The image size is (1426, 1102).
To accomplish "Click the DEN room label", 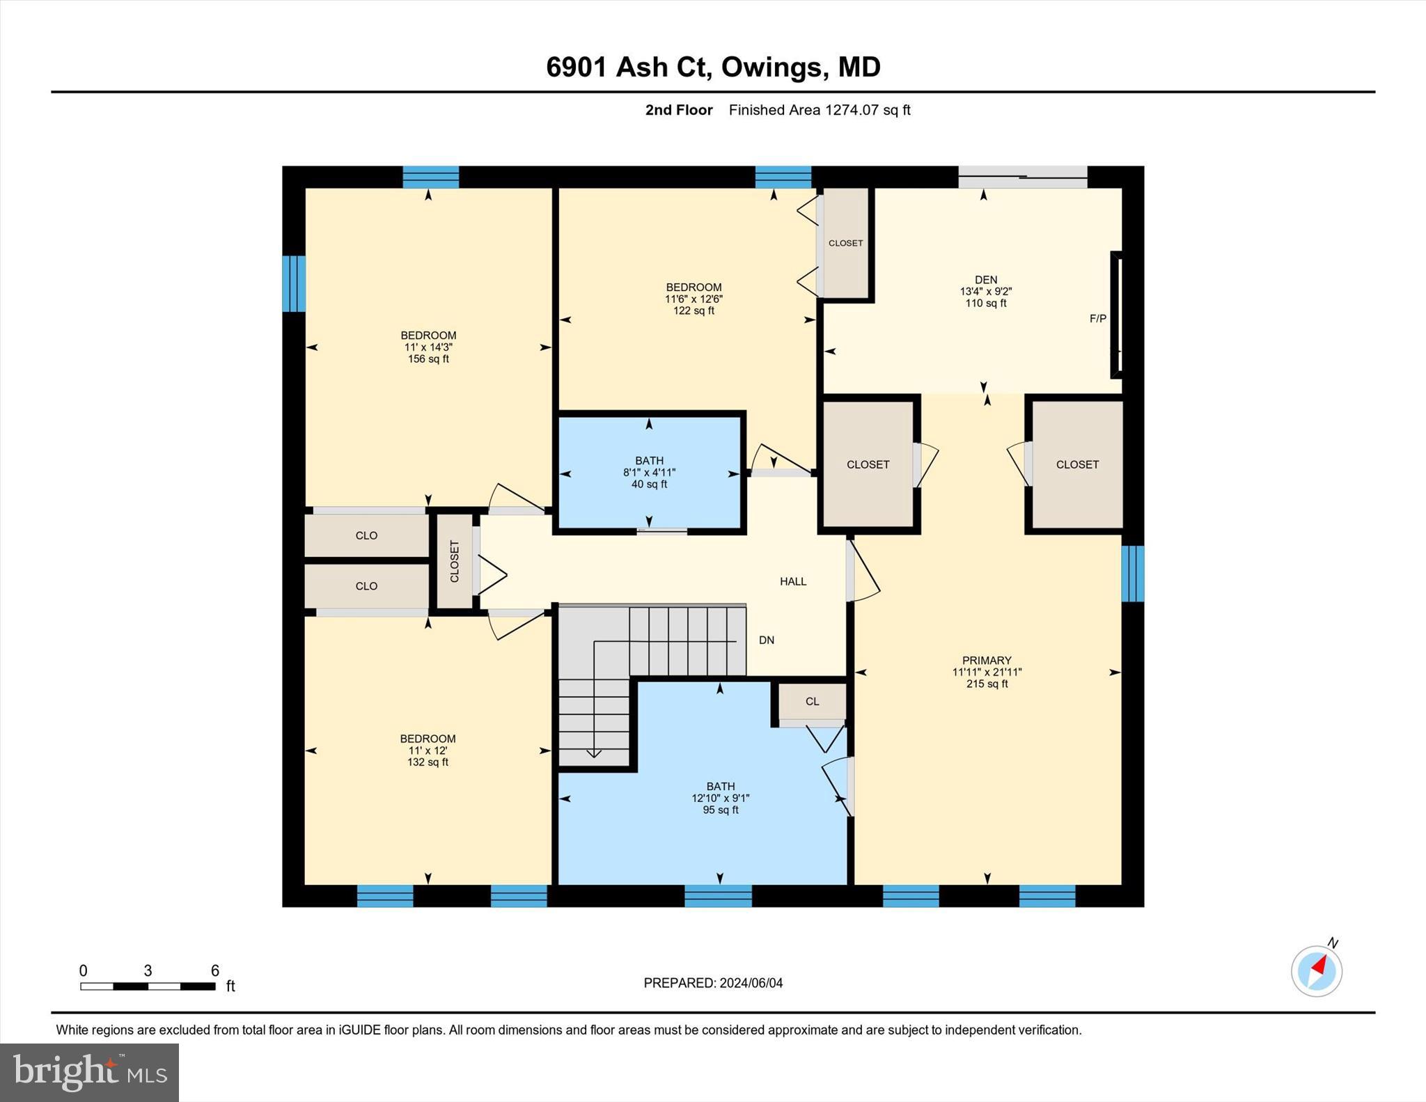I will click(985, 280).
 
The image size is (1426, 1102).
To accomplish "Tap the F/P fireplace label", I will click(1097, 319).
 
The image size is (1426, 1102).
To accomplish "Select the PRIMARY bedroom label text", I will click(986, 660).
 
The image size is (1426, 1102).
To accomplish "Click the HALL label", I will click(792, 581).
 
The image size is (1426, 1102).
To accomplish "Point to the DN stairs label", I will click(766, 640).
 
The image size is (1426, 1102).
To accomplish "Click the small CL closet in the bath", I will click(812, 701).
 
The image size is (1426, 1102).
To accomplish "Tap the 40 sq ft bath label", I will click(649, 484).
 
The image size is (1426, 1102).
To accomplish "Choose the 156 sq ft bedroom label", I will click(428, 359).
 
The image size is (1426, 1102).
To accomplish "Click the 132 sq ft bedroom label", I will click(428, 762).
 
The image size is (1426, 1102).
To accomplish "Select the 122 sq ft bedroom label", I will click(694, 310).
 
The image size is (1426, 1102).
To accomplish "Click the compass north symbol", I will click(1316, 970).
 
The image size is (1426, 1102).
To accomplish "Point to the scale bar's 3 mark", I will click(148, 970).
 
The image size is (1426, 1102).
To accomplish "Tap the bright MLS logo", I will click(89, 1072).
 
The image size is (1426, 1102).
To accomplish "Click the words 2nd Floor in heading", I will click(678, 110).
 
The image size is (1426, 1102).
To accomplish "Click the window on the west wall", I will click(293, 283).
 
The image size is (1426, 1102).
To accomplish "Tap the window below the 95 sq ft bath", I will click(718, 896).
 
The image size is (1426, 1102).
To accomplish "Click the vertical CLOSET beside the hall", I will click(455, 561).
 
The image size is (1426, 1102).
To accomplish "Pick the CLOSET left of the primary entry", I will click(868, 464).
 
